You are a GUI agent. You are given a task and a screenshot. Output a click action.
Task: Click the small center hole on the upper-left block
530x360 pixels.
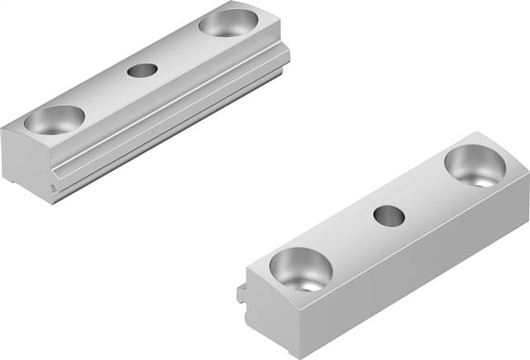click(x=141, y=70)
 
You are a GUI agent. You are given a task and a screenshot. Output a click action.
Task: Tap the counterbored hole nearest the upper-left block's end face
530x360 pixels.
click(x=54, y=121)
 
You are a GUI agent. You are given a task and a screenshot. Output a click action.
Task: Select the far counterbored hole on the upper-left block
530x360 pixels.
click(x=226, y=23)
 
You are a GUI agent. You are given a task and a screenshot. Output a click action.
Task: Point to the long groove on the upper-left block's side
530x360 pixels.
click(x=165, y=120)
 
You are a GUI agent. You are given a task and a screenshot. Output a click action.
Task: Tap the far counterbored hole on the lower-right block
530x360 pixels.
click(x=475, y=165)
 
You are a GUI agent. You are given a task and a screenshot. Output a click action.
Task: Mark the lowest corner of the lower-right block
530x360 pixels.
click(x=303, y=355)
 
